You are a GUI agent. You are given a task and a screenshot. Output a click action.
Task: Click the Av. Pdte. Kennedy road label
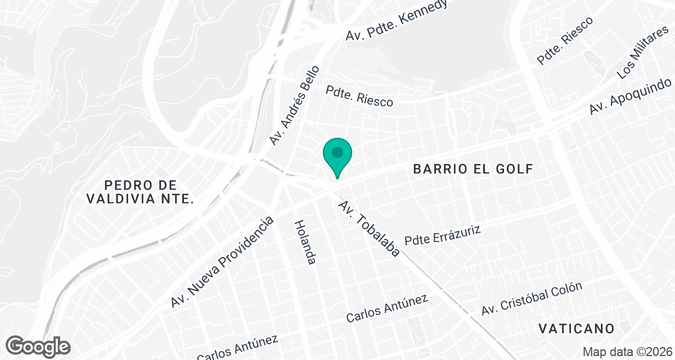(397, 20)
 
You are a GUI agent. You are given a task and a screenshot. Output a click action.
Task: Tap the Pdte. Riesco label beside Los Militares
(565, 40)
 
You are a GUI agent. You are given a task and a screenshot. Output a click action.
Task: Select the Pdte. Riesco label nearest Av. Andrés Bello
(359, 95)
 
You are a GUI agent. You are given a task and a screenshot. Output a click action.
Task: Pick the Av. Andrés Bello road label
(294, 105)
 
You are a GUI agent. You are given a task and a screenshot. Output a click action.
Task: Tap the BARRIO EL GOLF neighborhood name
(472, 169)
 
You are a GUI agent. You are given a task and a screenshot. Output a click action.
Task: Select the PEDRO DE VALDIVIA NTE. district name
(141, 192)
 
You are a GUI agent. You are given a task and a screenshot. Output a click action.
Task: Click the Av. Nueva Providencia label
(222, 262)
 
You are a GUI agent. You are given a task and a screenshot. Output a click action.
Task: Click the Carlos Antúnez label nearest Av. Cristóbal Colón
(387, 308)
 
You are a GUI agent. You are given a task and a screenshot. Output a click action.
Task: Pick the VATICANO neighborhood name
(575, 328)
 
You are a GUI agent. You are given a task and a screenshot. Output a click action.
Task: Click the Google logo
(38, 346)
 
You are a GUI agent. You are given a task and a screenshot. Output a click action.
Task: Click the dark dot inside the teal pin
(337, 152)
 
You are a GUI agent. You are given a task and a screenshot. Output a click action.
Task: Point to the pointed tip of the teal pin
(337, 178)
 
